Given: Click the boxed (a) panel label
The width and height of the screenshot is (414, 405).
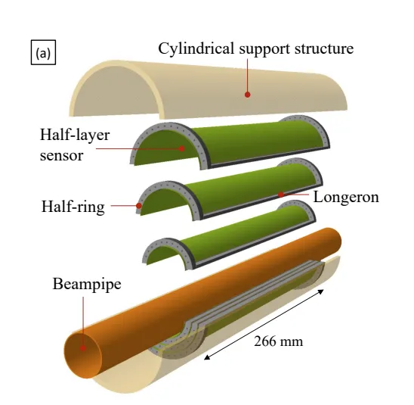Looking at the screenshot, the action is [x=43, y=52].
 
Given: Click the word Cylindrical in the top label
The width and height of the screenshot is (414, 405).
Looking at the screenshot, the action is [x=196, y=49].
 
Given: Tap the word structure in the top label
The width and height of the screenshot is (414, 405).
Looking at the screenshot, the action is [x=324, y=49].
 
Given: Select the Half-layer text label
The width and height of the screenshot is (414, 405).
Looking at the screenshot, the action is [x=75, y=135].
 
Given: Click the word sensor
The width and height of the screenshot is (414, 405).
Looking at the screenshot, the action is [x=61, y=155].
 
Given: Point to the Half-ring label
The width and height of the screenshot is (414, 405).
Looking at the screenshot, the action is [x=73, y=207].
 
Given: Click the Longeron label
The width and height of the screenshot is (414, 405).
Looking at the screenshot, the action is [x=346, y=197].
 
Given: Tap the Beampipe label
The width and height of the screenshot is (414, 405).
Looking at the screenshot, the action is [x=87, y=285].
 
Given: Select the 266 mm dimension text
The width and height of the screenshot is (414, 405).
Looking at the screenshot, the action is [x=278, y=341].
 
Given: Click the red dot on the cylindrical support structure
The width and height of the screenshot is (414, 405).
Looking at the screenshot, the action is [x=247, y=95].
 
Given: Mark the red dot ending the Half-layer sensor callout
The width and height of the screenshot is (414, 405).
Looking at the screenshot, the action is [x=181, y=148].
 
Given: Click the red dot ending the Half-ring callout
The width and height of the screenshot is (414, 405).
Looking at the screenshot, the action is [x=139, y=206].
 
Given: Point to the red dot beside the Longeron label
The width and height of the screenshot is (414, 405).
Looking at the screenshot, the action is [x=281, y=195].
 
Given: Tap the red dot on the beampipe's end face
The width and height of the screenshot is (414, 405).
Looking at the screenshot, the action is [x=83, y=348].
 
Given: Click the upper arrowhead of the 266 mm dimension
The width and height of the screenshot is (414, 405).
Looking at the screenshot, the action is [x=321, y=291].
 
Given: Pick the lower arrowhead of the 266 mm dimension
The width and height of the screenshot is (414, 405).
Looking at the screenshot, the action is [x=207, y=357].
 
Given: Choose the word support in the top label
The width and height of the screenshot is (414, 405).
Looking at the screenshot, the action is [x=264, y=50].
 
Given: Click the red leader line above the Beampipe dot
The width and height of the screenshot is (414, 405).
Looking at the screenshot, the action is [x=83, y=321].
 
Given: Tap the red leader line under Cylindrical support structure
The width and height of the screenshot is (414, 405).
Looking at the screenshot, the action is [x=247, y=75].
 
